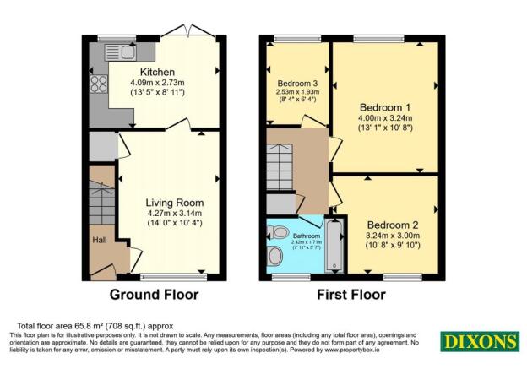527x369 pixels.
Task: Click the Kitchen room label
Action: click(x=157, y=71)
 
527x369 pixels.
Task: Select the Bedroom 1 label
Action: click(x=385, y=107)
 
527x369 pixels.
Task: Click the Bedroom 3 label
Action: click(x=297, y=83)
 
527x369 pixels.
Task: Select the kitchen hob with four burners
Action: click(x=98, y=84)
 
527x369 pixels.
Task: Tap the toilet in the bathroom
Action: click(x=276, y=256)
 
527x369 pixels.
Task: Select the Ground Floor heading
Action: click(x=155, y=295)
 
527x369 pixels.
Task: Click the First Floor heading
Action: click(x=350, y=295)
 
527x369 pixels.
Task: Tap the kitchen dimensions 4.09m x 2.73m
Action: click(x=157, y=84)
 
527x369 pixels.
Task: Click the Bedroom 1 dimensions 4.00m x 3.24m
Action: click(x=385, y=119)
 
